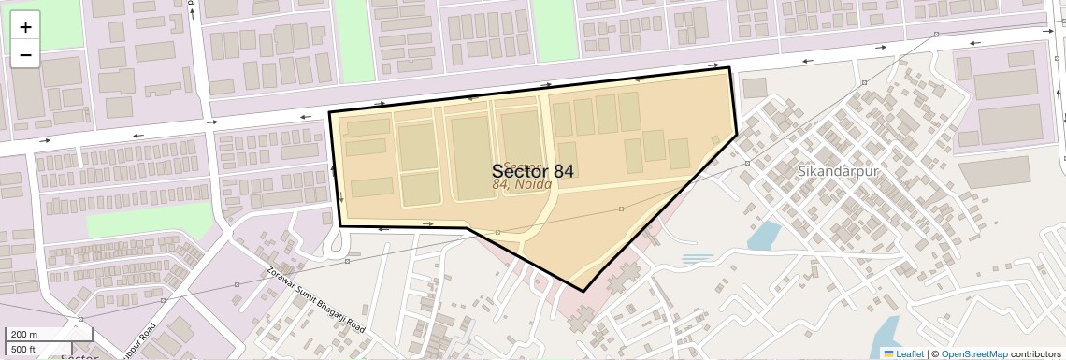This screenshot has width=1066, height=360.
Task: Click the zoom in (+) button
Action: [x=25, y=27]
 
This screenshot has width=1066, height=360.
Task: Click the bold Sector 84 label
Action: [x=532, y=170]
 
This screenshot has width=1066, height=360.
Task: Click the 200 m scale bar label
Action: [x=22, y=334]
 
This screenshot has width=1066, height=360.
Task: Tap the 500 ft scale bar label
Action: [x=22, y=350]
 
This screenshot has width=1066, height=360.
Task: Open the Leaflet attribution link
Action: [x=903, y=353]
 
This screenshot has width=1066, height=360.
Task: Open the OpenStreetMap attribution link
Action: [x=973, y=353]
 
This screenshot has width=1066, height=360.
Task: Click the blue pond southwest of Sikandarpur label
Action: [x=764, y=236]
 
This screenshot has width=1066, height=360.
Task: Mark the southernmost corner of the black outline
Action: [x=583, y=291]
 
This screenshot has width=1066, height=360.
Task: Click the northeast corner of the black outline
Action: [x=729, y=68]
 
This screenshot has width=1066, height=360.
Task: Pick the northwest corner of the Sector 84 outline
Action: [x=329, y=113]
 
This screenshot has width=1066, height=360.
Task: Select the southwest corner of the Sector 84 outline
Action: [x=340, y=225]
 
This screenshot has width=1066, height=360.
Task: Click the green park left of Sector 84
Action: [x=150, y=221]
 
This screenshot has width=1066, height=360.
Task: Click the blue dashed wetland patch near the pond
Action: [x=698, y=256]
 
